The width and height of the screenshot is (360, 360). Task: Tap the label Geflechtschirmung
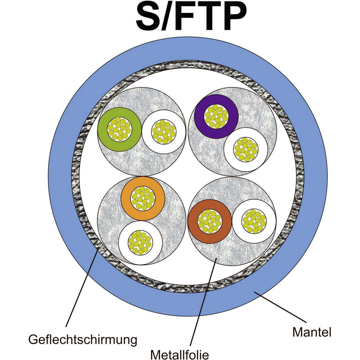tap(83, 339)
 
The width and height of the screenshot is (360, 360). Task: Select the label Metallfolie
tap(180, 354)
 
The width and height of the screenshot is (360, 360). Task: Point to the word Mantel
tap(311, 332)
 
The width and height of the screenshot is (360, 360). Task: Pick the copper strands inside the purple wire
tap(216, 116)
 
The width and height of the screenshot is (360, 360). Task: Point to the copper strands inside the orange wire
tap(143, 198)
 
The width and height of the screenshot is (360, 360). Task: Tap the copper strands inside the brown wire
tap(210, 221)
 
